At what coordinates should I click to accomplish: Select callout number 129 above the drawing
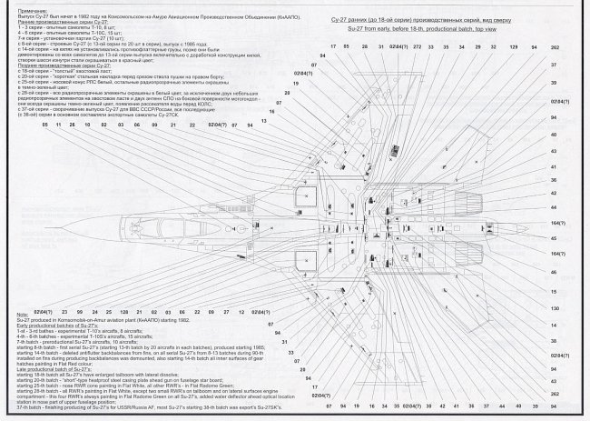click(x=513, y=45)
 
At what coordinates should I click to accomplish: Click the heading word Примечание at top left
click(x=34, y=8)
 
